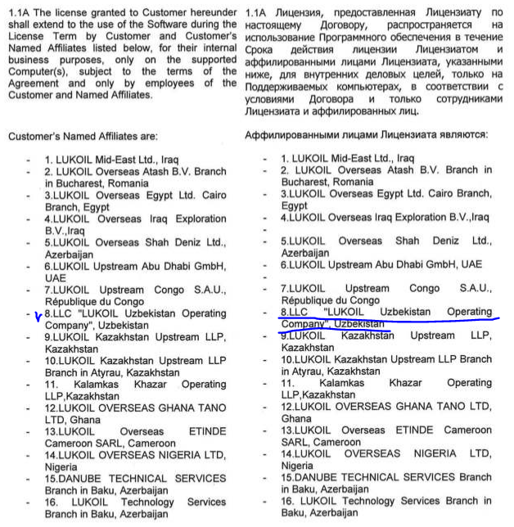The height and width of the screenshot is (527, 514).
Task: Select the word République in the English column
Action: [x=75, y=301]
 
